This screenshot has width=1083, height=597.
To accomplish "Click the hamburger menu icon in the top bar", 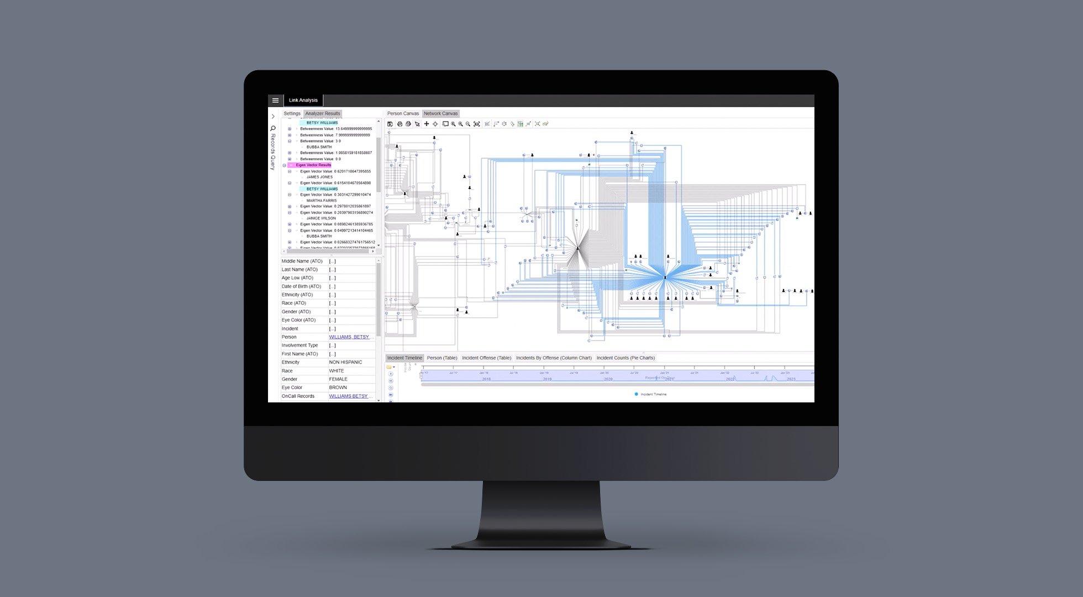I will click(x=275, y=101).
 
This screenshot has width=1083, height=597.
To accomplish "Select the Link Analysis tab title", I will click(x=303, y=101).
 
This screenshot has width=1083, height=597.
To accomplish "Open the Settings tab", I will click(x=292, y=114).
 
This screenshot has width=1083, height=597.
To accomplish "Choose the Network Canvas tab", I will click(x=440, y=114).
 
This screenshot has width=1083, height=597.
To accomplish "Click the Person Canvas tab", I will click(x=403, y=114).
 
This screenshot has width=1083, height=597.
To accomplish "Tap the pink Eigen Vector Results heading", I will click(x=313, y=165).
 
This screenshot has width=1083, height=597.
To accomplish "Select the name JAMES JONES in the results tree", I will click(x=319, y=177).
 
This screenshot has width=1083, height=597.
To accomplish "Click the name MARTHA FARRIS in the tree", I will click(x=322, y=201).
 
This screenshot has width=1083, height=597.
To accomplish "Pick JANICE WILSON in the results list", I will click(x=321, y=218).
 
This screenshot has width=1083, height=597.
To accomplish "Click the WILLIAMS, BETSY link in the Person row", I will click(x=349, y=337).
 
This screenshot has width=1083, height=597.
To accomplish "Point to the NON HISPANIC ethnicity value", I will click(x=345, y=363).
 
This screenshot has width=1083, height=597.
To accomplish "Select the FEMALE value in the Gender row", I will click(x=338, y=379).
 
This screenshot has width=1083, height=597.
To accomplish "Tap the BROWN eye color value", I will click(x=338, y=387).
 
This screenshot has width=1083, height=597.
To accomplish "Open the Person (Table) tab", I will click(x=442, y=358).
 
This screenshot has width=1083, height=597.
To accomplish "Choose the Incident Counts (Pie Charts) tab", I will click(x=625, y=358).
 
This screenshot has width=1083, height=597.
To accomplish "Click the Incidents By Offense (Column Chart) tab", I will click(x=554, y=358).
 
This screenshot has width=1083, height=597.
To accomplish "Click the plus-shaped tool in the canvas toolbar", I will click(x=426, y=124).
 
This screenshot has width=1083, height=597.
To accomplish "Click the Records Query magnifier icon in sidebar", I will click(x=273, y=128).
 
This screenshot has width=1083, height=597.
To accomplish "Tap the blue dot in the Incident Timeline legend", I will click(x=636, y=394).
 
